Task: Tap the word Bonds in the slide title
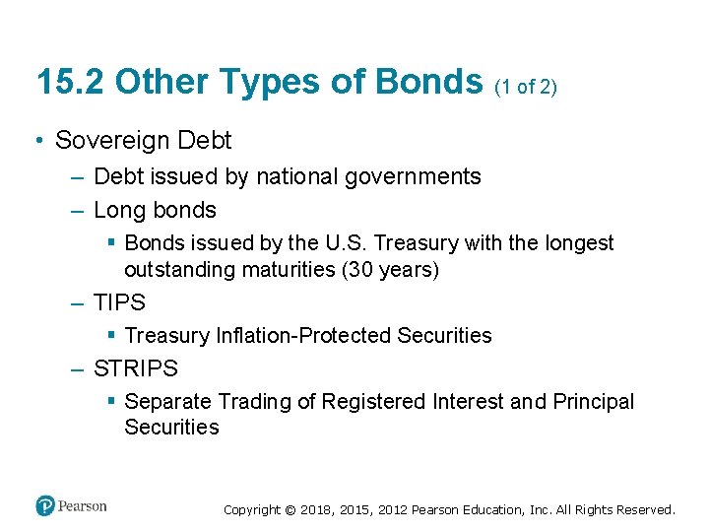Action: pyautogui.click(x=429, y=82)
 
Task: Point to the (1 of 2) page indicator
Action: pyautogui.click(x=526, y=87)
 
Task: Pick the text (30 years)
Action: pyautogui.click(x=390, y=269)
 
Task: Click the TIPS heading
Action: pyautogui.click(x=119, y=302)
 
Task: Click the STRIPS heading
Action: pyautogui.click(x=136, y=369)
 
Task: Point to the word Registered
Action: pyautogui.click(x=378, y=402)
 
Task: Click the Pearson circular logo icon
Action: pyautogui.click(x=45, y=506)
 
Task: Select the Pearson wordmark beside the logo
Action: pyautogui.click(x=82, y=506)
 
